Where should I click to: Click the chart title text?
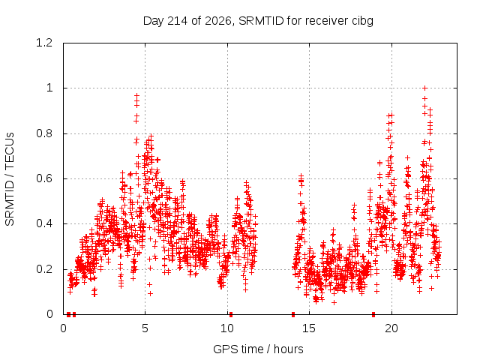258,21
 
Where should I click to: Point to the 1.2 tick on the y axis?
44,43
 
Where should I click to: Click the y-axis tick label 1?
49,88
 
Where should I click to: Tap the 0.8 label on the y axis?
44,133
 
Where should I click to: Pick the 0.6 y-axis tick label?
44,178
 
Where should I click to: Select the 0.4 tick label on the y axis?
44,223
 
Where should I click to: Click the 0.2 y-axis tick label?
44,269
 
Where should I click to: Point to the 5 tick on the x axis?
145,328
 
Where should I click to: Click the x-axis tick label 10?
227,328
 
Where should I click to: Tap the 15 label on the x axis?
309,328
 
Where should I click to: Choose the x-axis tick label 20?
391,328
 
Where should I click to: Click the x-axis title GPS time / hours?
258,349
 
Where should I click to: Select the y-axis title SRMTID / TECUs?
10,179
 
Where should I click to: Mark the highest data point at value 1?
425,88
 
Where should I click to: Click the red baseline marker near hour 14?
293,314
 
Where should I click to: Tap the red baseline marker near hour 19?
373,314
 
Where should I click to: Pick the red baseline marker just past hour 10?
231,314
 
